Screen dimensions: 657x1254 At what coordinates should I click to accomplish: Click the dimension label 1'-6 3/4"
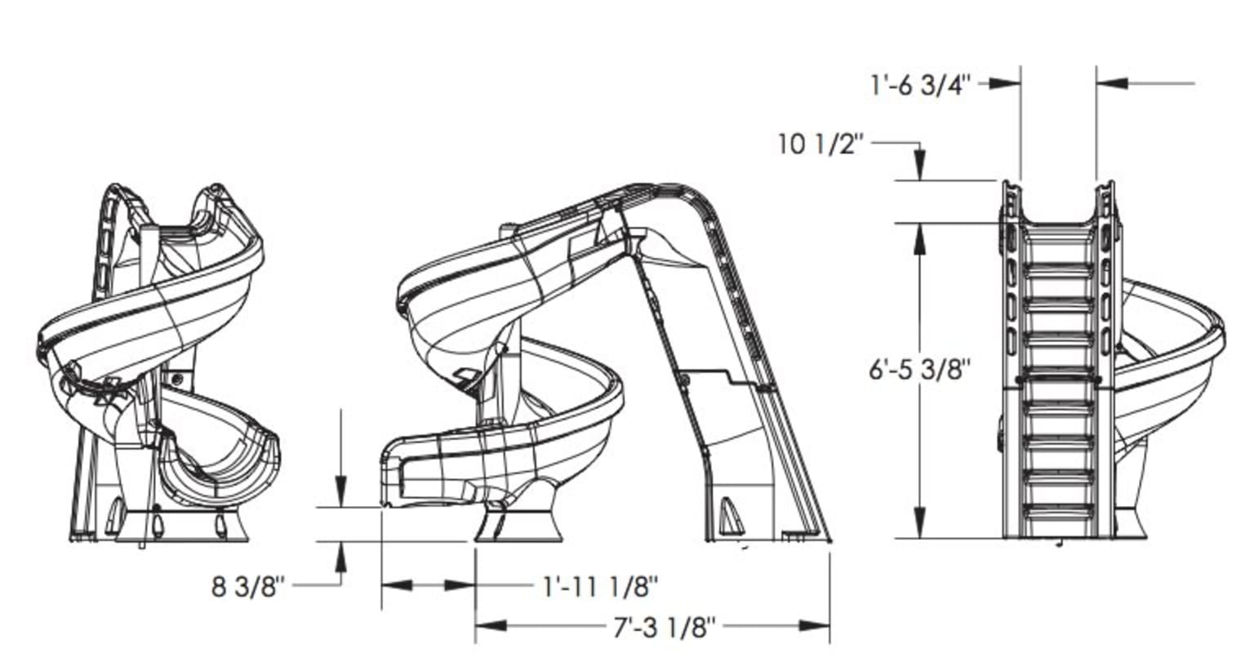click(x=920, y=84)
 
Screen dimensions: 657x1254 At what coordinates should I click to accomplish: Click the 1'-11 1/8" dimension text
click(x=600, y=585)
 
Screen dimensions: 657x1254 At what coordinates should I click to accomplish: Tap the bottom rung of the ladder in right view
click(x=1059, y=512)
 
